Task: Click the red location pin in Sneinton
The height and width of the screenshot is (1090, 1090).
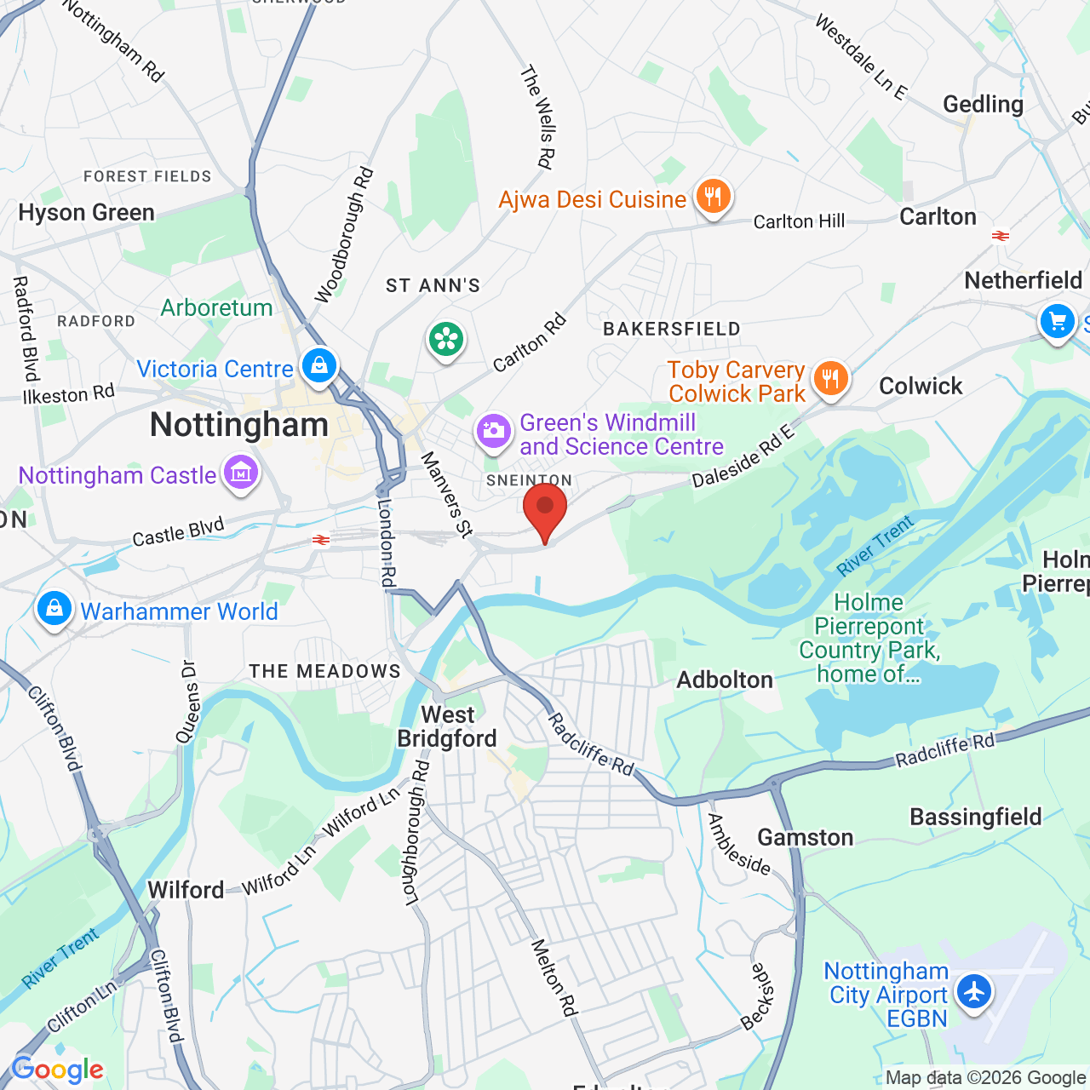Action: point(544,508)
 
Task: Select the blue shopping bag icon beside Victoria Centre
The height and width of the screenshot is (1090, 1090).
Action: point(318,366)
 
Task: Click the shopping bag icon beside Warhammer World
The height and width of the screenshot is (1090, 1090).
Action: point(54,610)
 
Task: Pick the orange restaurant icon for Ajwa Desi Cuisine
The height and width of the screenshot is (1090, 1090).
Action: point(713,197)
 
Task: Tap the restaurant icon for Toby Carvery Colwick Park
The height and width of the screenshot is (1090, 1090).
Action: point(830,379)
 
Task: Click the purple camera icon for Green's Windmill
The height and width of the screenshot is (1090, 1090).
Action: point(493,431)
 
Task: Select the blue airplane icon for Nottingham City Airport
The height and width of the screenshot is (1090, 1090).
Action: point(972,991)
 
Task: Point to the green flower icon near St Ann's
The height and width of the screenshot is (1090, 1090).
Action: point(446,340)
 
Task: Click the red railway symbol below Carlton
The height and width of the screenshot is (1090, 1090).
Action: point(1001,236)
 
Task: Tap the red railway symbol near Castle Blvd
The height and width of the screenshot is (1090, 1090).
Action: point(321,540)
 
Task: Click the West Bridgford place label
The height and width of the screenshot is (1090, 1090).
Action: point(447,726)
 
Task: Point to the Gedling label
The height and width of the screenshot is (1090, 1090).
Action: point(983,104)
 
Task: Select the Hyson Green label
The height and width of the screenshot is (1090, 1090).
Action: point(87,212)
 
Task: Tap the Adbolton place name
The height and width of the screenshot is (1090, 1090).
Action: point(725,680)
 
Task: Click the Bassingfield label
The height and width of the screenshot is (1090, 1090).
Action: point(976,817)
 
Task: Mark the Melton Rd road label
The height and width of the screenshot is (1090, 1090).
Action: point(554,978)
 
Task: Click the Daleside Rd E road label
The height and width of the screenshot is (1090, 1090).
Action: point(743,456)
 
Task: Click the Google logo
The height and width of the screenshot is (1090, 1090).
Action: point(58,1070)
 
